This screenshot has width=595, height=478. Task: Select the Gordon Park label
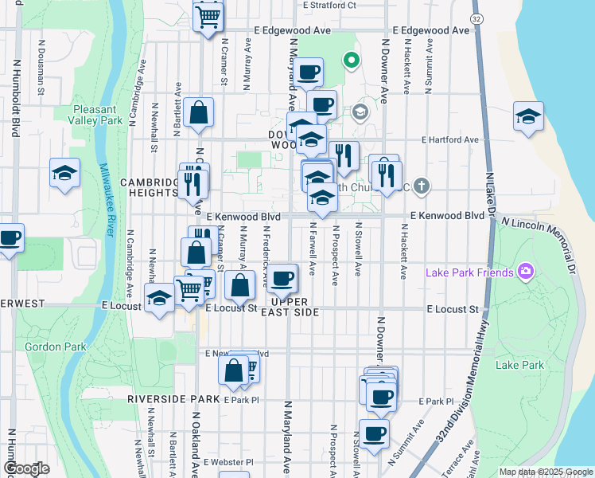pyautogui.click(x=49, y=347)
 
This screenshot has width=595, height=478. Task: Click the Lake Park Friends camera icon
pyautogui.click(x=525, y=272)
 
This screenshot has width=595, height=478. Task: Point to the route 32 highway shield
pyautogui.click(x=476, y=18)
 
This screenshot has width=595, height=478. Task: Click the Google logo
pyautogui.click(x=25, y=468)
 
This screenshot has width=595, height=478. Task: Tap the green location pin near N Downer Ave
pyautogui.click(x=349, y=60)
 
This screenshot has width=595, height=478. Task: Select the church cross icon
pyautogui.click(x=422, y=187)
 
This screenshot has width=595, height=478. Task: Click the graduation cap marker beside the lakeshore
pyautogui.click(x=528, y=116)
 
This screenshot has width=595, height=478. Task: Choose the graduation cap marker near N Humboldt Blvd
pyautogui.click(x=64, y=173)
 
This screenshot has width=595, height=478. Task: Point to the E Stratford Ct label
pyautogui.click(x=329, y=5)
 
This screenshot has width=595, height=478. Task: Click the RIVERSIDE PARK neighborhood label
pyautogui.click(x=172, y=398)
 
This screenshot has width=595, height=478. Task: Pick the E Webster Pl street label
pyautogui.click(x=228, y=462)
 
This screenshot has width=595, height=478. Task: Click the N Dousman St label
pyautogui.click(x=40, y=76)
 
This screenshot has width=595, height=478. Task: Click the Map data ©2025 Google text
pyautogui.click(x=546, y=472)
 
